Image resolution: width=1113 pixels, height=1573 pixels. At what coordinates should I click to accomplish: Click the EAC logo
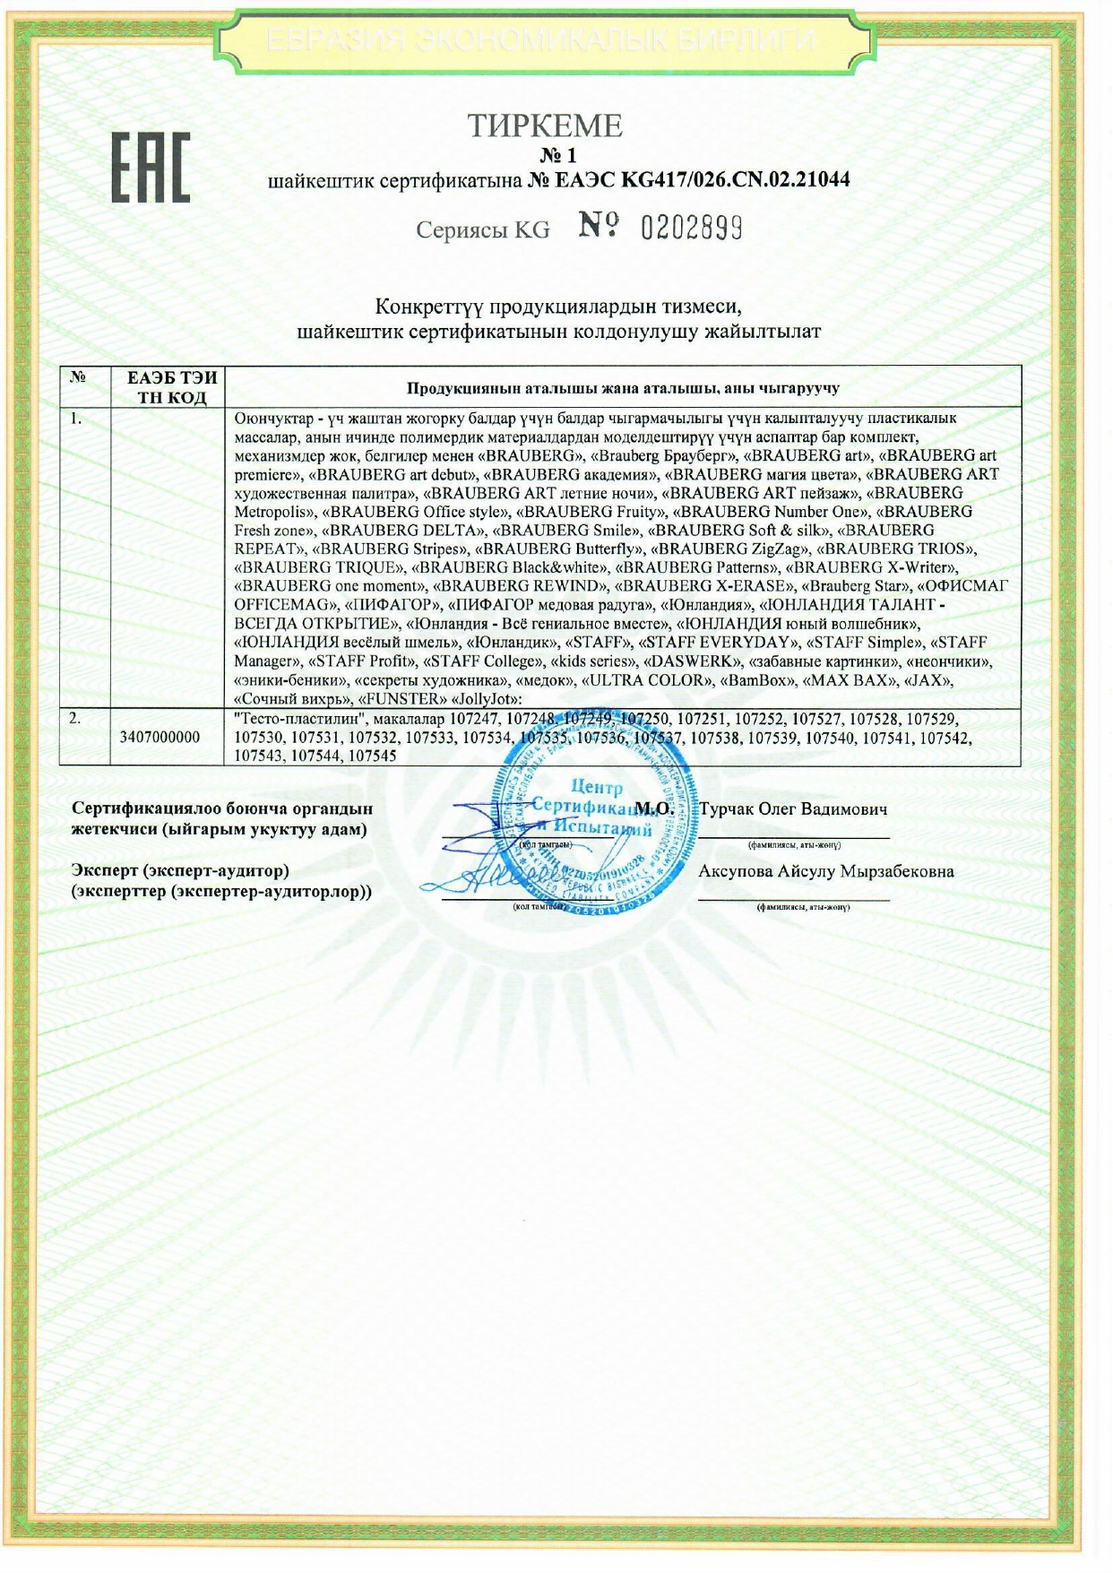150,167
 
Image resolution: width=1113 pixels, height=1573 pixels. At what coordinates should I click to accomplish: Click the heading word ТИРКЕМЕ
544,126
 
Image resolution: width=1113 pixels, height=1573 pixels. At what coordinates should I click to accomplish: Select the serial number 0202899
691,229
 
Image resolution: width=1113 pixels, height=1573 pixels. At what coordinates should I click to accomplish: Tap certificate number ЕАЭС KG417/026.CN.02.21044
701,180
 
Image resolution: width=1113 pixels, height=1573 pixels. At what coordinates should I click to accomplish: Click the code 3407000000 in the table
160,737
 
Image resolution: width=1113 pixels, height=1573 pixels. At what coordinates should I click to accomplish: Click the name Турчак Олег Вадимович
792,809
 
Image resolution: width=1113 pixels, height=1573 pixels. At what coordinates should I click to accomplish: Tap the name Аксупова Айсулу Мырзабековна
825,871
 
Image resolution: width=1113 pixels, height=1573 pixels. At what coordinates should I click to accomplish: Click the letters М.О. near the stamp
654,808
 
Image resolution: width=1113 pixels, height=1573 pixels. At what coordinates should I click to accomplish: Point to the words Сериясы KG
482,230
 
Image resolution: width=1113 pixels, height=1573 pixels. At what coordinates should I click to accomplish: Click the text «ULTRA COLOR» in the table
644,680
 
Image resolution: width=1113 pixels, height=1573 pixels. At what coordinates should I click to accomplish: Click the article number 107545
372,756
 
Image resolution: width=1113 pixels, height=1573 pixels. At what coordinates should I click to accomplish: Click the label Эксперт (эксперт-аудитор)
180,870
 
